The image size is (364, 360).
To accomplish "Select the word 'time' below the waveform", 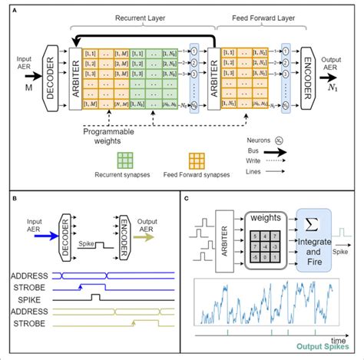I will pos(339,339).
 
